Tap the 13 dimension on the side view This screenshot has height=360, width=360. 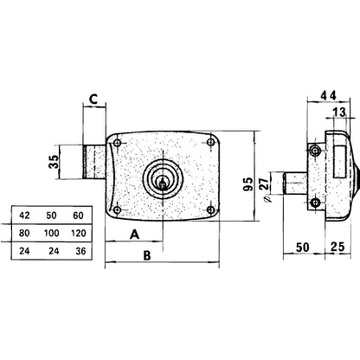tap(338, 112)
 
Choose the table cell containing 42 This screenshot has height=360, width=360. tap(25, 215)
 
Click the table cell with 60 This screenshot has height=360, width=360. tap(80, 215)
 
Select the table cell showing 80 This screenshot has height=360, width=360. tap(25, 232)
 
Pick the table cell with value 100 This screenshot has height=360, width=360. tap(52, 232)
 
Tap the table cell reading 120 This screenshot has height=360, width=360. tap(80, 232)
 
